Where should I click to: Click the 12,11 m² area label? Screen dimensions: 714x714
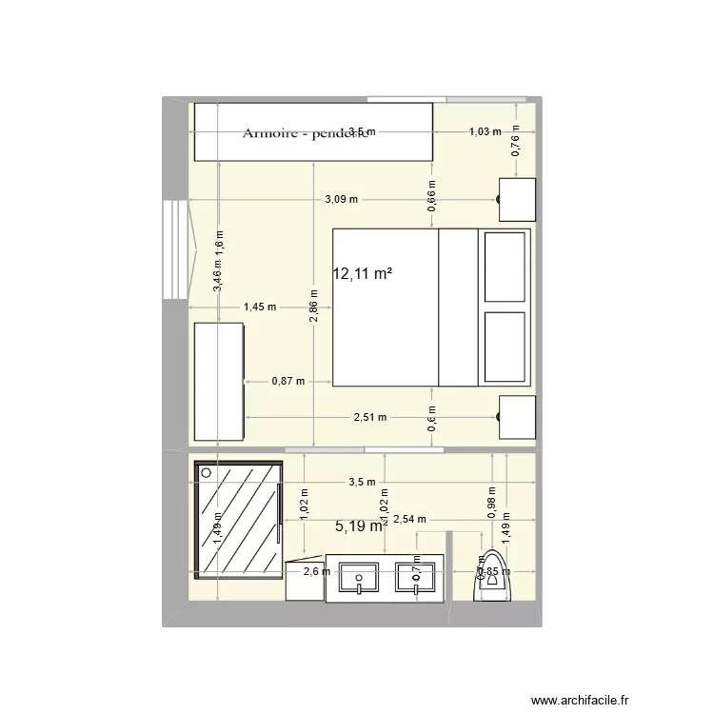(362, 274)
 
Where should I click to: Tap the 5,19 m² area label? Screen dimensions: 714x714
(360, 525)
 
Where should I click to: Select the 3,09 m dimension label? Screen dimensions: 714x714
(341, 199)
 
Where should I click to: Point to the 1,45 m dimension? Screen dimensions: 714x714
(259, 307)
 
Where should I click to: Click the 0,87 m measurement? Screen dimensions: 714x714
(288, 381)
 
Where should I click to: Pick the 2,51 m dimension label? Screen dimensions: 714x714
(370, 417)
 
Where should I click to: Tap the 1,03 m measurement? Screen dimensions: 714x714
(485, 131)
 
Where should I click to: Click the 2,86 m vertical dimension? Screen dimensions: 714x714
(314, 306)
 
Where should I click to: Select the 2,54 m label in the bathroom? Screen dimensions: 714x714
(408, 519)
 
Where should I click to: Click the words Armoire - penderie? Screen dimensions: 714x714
(305, 133)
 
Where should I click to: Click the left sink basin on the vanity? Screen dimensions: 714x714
(360, 577)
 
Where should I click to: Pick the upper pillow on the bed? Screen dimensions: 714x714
(506, 267)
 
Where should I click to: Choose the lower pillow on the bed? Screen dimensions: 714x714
(506, 344)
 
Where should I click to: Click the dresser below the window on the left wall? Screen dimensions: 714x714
(219, 381)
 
